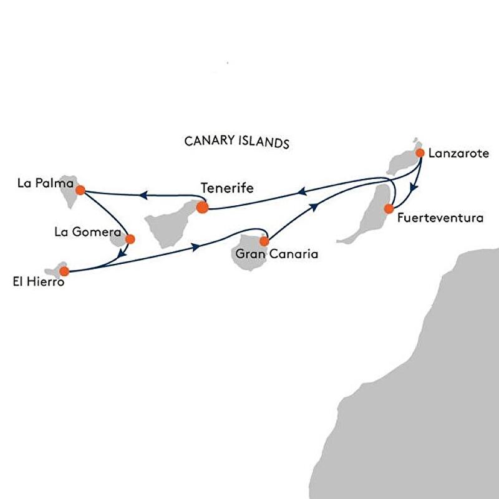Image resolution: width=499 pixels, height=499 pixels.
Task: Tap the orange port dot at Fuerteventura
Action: pyautogui.click(x=389, y=208)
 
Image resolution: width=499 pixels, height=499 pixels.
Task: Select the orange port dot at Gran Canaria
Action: pyautogui.click(x=264, y=241)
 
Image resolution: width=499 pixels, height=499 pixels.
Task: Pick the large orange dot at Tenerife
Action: pyautogui.click(x=201, y=207)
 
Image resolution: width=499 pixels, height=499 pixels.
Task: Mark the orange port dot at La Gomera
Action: pyautogui.click(x=130, y=238)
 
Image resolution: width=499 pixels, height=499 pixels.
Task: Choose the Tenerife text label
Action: pyautogui.click(x=227, y=187)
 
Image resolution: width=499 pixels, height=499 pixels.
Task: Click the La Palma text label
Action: pyautogui.click(x=41, y=185)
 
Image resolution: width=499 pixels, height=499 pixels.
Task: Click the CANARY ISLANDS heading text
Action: pyautogui.click(x=237, y=141)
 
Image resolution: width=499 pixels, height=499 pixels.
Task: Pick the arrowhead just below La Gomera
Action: pyautogui.click(x=122, y=253)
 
